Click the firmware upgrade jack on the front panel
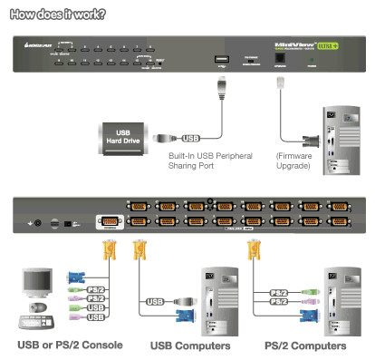[277, 57]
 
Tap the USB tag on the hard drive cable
[190, 139]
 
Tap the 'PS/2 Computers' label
[305, 345]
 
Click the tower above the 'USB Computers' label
[217, 297]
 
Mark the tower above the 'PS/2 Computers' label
[344, 297]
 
